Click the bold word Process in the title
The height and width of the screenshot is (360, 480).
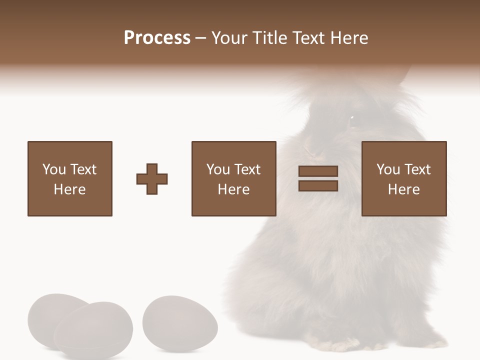(x=157, y=38)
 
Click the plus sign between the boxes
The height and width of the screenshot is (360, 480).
(x=152, y=179)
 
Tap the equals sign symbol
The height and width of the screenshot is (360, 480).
(x=318, y=179)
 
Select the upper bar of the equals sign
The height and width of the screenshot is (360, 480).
(x=318, y=171)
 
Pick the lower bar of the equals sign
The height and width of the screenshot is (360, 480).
(x=318, y=186)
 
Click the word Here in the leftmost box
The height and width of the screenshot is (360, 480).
(x=70, y=189)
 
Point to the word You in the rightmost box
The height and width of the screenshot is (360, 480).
(x=388, y=169)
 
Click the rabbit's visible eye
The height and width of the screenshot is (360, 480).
(x=352, y=118)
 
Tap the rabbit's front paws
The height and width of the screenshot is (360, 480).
(x=345, y=345)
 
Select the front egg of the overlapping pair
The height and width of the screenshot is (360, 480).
(x=93, y=330)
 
